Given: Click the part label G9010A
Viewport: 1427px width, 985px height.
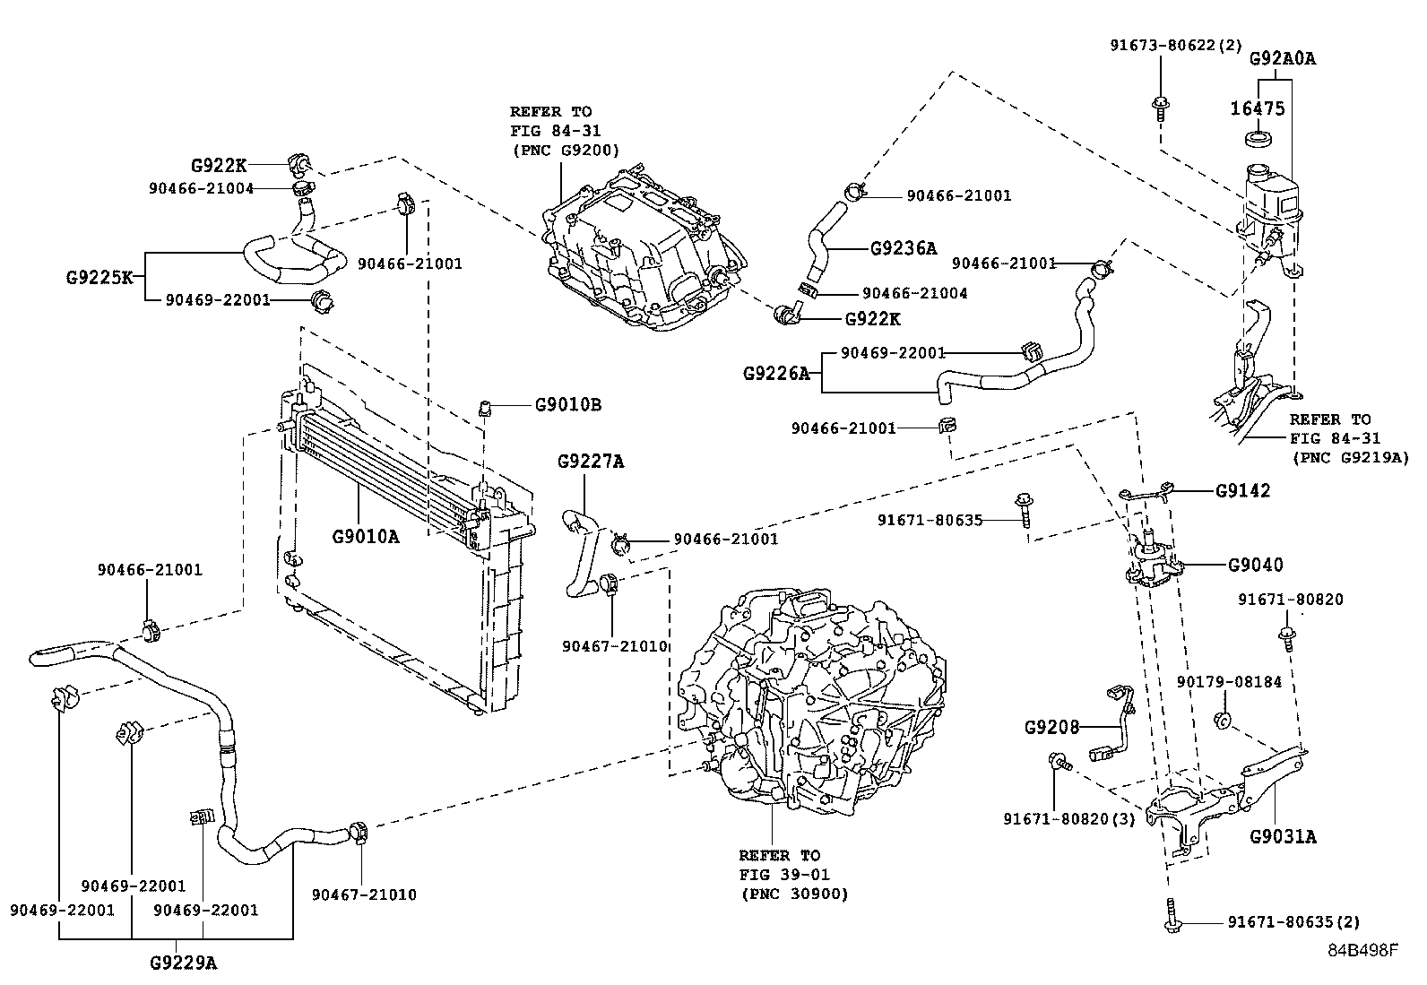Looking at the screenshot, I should click(366, 537).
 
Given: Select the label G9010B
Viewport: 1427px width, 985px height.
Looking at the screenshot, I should click(567, 405).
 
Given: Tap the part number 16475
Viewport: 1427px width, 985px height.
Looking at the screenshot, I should click(1257, 108).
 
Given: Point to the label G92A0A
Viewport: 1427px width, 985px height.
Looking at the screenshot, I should click(1283, 59).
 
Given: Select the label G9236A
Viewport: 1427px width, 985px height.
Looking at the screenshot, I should click(903, 248).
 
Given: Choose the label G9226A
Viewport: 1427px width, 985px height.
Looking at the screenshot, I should click(776, 373).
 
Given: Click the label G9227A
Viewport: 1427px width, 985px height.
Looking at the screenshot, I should click(590, 462).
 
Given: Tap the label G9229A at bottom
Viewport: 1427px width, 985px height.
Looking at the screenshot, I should click(183, 963).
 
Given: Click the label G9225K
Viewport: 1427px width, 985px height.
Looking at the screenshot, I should click(99, 277).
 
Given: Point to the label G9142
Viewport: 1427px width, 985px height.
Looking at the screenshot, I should click(1242, 491).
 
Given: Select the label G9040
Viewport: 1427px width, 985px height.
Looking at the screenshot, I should click(1255, 565).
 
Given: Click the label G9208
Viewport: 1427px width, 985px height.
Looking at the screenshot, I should click(1052, 727).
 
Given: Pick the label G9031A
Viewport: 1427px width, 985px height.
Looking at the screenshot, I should click(1283, 837).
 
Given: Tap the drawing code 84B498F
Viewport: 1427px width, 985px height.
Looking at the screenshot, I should click(1362, 950).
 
